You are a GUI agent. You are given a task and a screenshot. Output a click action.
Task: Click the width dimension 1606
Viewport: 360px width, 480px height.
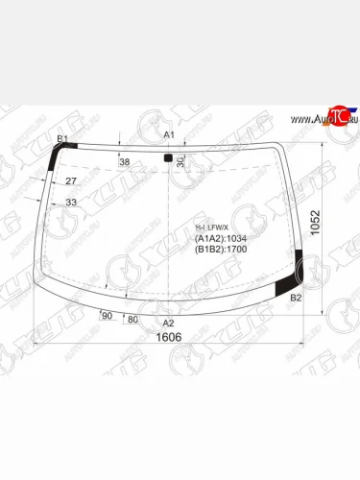[169, 337]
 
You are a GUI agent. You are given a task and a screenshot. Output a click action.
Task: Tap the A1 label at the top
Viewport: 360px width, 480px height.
[169, 134]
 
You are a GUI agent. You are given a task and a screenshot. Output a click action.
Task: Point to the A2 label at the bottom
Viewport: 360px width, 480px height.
[168, 324]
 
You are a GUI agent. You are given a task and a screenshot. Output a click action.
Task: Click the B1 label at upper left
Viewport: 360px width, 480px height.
[62, 140]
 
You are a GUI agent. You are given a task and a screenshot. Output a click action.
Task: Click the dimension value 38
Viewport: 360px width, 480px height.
[124, 162]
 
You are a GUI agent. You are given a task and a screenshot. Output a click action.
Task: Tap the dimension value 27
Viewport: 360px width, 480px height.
[70, 180]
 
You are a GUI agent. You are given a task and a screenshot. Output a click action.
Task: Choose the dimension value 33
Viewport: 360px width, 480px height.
[70, 202]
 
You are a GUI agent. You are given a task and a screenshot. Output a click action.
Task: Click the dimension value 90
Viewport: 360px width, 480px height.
[107, 316]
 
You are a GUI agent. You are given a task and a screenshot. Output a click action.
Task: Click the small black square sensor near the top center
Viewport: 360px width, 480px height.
[168, 156]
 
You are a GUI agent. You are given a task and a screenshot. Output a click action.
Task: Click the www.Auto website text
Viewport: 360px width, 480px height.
[304, 119]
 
